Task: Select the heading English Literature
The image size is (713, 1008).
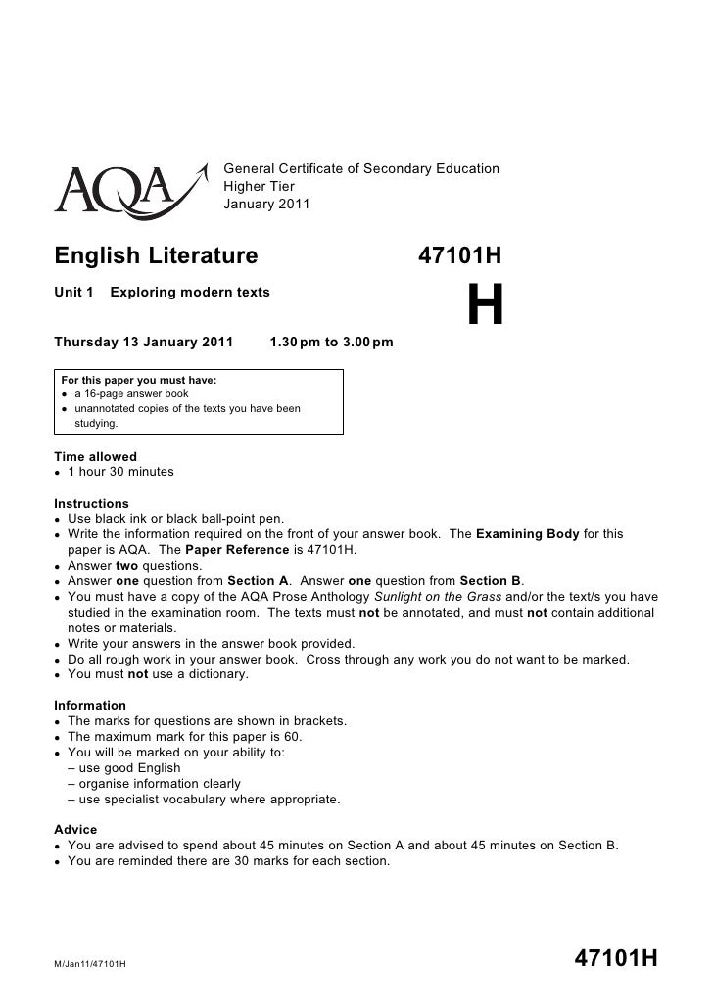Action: [x=156, y=256]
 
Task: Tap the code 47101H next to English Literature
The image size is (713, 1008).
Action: [x=459, y=256]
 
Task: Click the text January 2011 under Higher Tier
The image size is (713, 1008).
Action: [x=266, y=205]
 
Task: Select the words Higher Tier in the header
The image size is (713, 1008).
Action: [x=260, y=187]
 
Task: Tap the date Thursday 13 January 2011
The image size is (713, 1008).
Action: [x=144, y=343]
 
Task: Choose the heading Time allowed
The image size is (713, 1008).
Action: [x=96, y=457]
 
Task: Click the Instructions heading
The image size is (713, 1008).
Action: [x=92, y=503]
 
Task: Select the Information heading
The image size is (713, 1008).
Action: [x=90, y=706]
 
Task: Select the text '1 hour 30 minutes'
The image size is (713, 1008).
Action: [x=120, y=472]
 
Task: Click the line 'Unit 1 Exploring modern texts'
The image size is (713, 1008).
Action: [x=163, y=293]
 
